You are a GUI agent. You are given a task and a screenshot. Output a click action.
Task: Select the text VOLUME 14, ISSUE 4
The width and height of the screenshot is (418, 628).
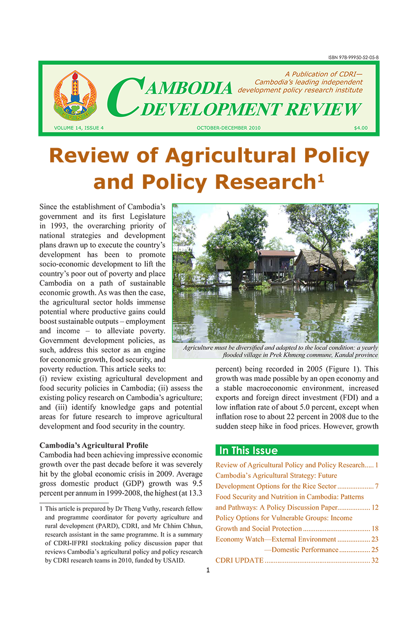(x=78, y=128)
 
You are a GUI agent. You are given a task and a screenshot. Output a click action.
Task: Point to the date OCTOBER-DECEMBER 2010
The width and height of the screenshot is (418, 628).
(x=228, y=128)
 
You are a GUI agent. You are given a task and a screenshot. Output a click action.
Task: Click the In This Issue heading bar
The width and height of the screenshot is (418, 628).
(x=297, y=451)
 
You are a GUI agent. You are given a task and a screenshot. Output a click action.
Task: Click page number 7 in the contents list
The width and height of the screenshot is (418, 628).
(x=376, y=487)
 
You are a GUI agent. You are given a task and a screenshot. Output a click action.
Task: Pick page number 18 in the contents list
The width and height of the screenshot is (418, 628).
(x=375, y=529)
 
